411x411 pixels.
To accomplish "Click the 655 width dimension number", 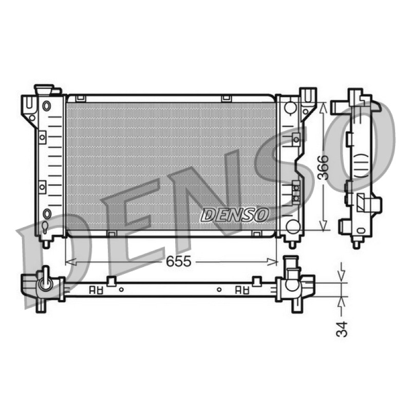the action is tap(178, 261).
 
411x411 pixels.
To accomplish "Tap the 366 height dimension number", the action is tap(323, 167).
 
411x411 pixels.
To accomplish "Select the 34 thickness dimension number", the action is tap(342, 329).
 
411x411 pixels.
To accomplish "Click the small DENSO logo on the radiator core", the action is tap(235, 215).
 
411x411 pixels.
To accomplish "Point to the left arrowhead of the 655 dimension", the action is tap(71, 261).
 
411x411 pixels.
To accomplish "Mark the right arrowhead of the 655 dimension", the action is tap(272, 261).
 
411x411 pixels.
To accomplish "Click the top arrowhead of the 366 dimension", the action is tap(324, 108).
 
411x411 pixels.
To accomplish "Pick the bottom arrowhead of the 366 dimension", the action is tap(324, 226).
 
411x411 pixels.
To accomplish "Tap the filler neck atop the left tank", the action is tap(44, 89).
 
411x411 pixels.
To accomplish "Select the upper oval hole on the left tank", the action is tap(46, 106).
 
